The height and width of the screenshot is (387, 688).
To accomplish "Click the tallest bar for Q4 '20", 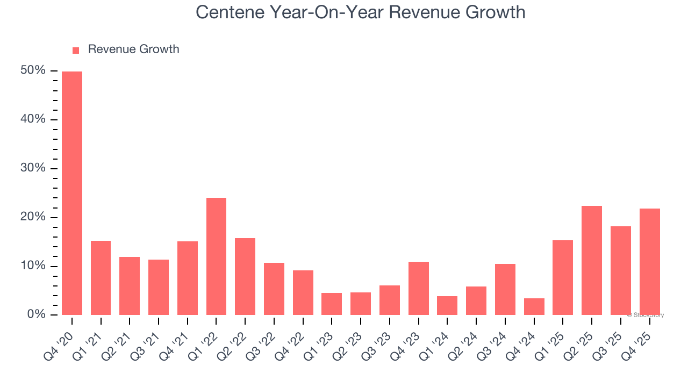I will pyautogui.click(x=72, y=193).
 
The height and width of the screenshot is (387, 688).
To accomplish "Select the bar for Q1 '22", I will pyautogui.click(x=216, y=256).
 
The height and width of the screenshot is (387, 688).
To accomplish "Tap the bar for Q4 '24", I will pyautogui.click(x=534, y=306).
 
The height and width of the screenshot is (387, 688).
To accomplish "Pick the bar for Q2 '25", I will pyautogui.click(x=592, y=260).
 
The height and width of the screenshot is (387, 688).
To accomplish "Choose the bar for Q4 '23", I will pyautogui.click(x=418, y=288).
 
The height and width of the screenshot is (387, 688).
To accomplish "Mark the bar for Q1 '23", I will pyautogui.click(x=332, y=304).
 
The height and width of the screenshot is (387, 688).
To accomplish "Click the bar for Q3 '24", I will pyautogui.click(x=505, y=289).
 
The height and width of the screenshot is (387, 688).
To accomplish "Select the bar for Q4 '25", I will pyautogui.click(x=649, y=262).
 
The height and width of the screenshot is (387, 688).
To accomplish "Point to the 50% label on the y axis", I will pyautogui.click(x=33, y=70).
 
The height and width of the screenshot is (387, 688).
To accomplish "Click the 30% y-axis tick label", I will pyautogui.click(x=33, y=168).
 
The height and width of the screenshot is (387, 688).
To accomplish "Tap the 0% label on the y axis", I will pyautogui.click(x=36, y=314).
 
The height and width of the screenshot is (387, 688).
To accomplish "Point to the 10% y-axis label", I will pyautogui.click(x=33, y=266).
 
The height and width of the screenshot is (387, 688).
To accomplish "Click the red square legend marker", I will pyautogui.click(x=76, y=50).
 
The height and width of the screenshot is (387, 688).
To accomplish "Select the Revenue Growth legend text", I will pyautogui.click(x=133, y=49).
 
